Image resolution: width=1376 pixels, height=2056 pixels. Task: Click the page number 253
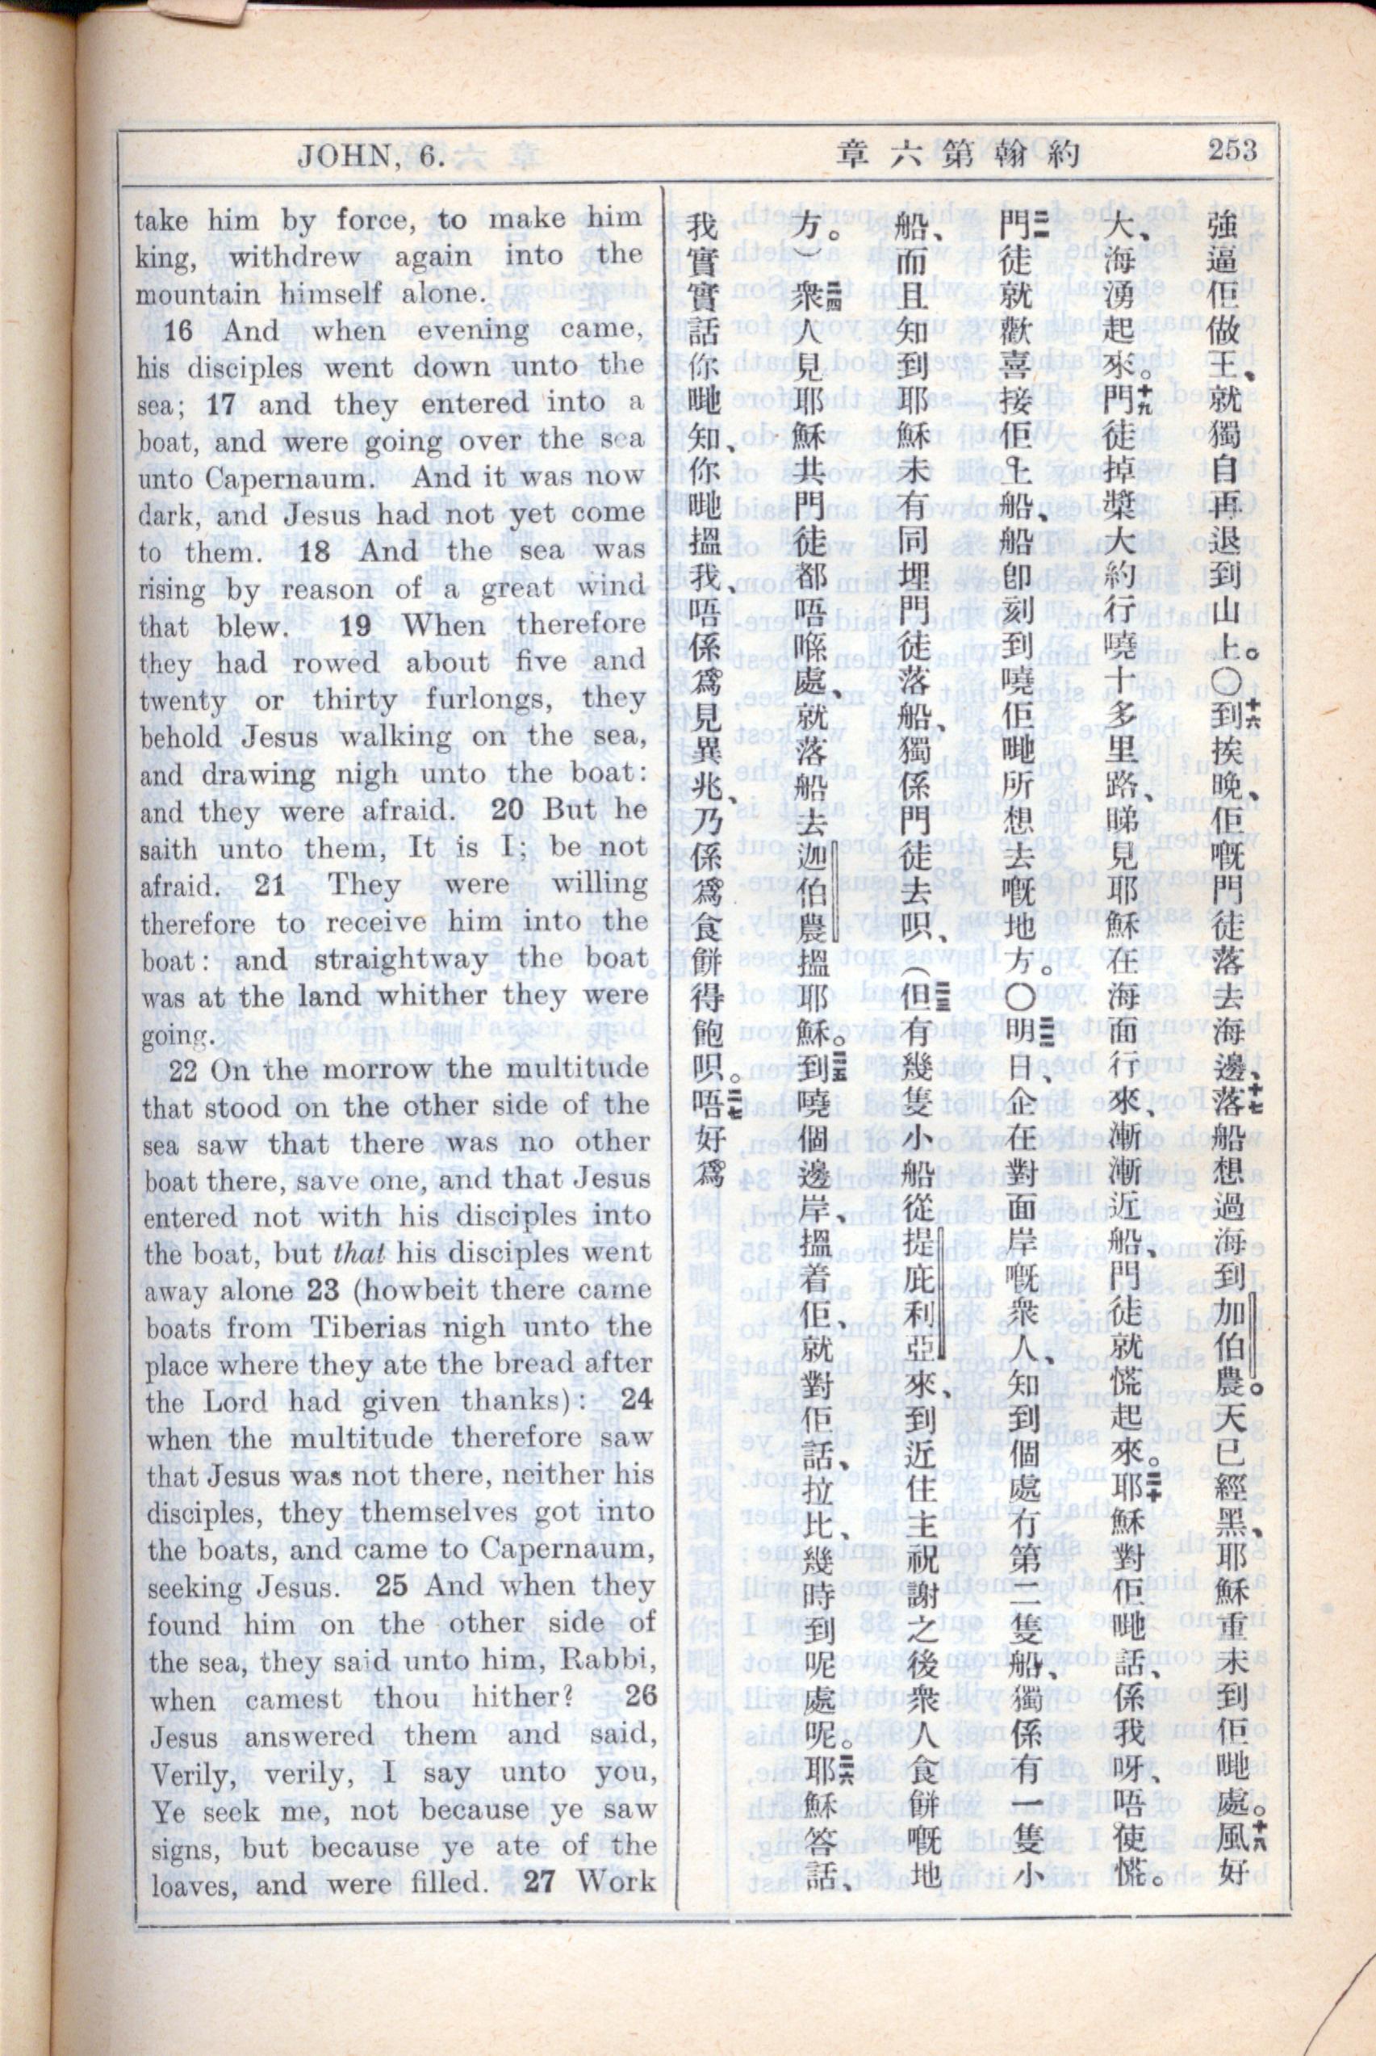pyautogui.click(x=1232, y=149)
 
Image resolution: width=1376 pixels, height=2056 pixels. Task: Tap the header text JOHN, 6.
pyautogui.click(x=372, y=157)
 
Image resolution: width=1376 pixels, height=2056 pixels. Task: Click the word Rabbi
pyautogui.click(x=609, y=1661)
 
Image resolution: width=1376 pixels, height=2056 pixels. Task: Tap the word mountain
pyautogui.click(x=198, y=294)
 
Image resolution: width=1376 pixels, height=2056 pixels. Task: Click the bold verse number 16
pyautogui.click(x=178, y=332)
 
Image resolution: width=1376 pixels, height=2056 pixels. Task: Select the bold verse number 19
pyautogui.click(x=356, y=626)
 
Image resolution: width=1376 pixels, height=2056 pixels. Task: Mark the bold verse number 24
pyautogui.click(x=636, y=1400)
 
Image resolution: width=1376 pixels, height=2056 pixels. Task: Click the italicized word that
pyautogui.click(x=360, y=1253)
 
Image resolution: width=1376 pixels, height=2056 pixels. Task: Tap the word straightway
pyautogui.click(x=399, y=959)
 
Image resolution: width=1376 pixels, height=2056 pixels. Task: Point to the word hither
pyautogui.click(x=519, y=1697)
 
